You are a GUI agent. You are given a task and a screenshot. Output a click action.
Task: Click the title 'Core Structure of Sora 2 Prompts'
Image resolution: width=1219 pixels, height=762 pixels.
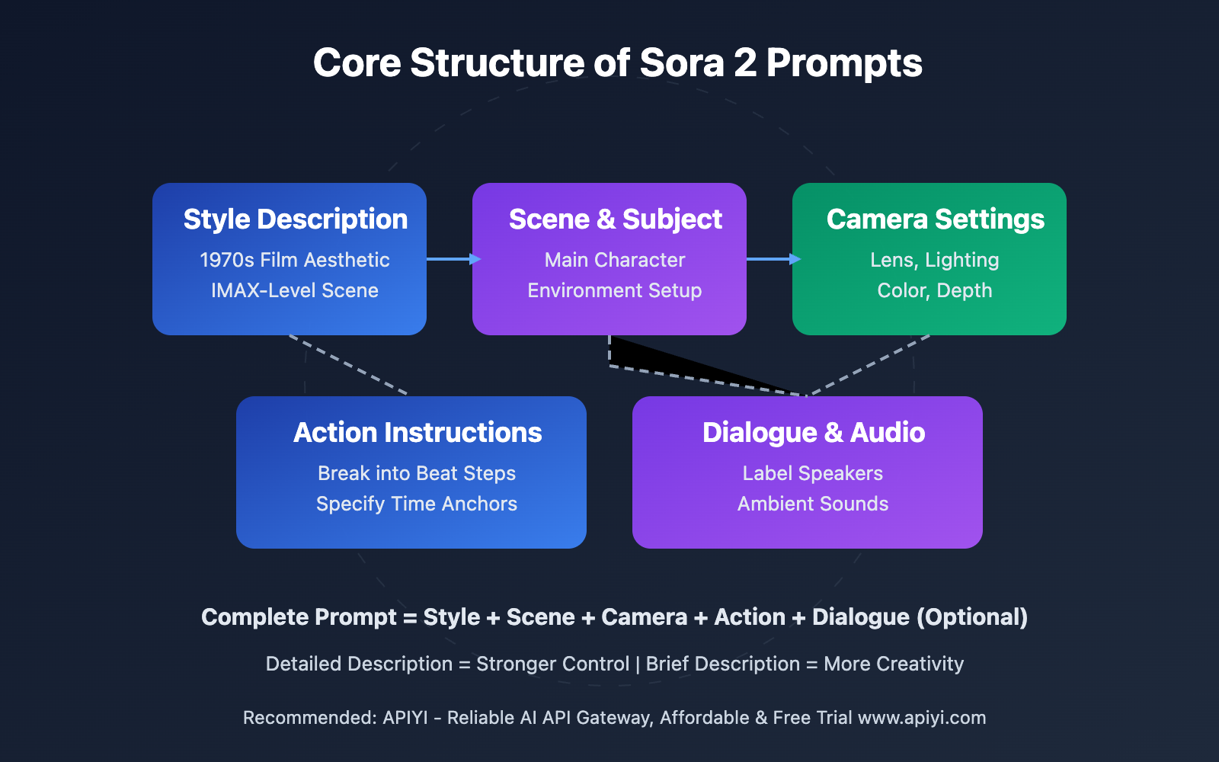tap(618, 63)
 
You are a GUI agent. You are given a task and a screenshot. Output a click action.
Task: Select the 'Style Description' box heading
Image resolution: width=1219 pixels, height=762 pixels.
tap(296, 219)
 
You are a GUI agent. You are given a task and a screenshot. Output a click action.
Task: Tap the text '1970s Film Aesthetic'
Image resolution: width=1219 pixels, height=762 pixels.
tap(294, 260)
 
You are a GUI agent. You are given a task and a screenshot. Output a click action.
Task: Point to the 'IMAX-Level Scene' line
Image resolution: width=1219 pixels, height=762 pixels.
tap(294, 290)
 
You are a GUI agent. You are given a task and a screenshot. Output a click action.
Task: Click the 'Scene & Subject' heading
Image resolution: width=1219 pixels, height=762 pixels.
tap(616, 219)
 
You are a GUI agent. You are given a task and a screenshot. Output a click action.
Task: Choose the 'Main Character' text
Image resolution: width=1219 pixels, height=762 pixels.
tap(615, 260)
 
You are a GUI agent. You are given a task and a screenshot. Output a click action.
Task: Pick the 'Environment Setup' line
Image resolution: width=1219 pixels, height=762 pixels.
tap(615, 290)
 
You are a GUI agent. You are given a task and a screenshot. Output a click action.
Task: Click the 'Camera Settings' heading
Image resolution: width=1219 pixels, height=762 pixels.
tap(936, 219)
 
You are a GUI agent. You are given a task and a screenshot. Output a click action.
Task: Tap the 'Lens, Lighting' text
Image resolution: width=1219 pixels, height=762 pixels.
tap(935, 260)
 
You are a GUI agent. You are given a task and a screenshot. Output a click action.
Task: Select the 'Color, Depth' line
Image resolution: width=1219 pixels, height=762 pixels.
tap(935, 290)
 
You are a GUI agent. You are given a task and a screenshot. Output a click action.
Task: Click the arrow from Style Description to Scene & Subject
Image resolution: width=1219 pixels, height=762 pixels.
tap(454, 259)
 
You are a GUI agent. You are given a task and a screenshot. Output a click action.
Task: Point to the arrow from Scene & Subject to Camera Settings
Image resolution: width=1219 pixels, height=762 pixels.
tap(774, 259)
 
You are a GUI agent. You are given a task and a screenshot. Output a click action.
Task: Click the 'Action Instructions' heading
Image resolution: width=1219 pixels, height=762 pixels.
tap(418, 433)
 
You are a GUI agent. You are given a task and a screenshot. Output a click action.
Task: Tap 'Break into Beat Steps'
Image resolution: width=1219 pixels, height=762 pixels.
tap(417, 473)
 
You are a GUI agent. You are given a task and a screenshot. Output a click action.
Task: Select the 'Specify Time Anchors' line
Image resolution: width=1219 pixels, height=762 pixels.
tap(417, 504)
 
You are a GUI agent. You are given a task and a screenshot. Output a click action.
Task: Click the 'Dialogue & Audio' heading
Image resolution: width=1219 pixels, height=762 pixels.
tap(814, 433)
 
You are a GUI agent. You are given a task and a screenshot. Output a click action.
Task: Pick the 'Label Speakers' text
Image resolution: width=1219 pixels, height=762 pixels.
tap(813, 473)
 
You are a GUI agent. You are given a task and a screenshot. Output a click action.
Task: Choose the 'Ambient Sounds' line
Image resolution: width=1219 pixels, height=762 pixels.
tap(813, 504)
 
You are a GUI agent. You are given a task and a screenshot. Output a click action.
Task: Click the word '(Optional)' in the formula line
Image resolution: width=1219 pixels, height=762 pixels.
tap(972, 617)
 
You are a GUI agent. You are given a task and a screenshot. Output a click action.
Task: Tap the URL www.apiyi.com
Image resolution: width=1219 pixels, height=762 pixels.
tap(922, 718)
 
